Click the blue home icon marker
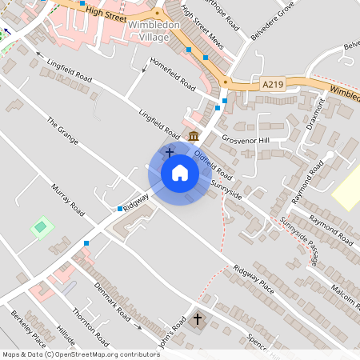pyautogui.click(x=180, y=172)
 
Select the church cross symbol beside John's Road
pyautogui.click(x=198, y=319)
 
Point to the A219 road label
pyautogui.click(x=273, y=82)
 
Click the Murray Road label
pyautogui.click(x=67, y=199)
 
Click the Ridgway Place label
pyautogui.click(x=254, y=280)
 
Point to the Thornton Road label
pyautogui.click(x=89, y=327)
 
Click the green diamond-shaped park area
pyautogui.click(x=42, y=228)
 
